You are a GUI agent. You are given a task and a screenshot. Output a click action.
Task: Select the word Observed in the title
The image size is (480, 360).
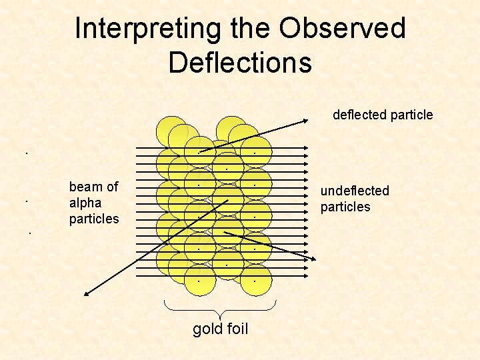342,29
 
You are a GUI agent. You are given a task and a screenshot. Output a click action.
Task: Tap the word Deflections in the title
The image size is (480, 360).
240,63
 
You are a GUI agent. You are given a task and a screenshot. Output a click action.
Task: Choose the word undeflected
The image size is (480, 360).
355,191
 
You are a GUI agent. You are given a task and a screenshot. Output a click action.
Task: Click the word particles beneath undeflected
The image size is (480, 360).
345,207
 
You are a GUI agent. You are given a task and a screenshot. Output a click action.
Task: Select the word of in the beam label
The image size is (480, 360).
111,187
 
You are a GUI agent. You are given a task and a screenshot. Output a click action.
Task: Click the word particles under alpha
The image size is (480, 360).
93,219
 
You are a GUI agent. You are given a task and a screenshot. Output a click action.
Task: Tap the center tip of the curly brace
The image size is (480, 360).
220,315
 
